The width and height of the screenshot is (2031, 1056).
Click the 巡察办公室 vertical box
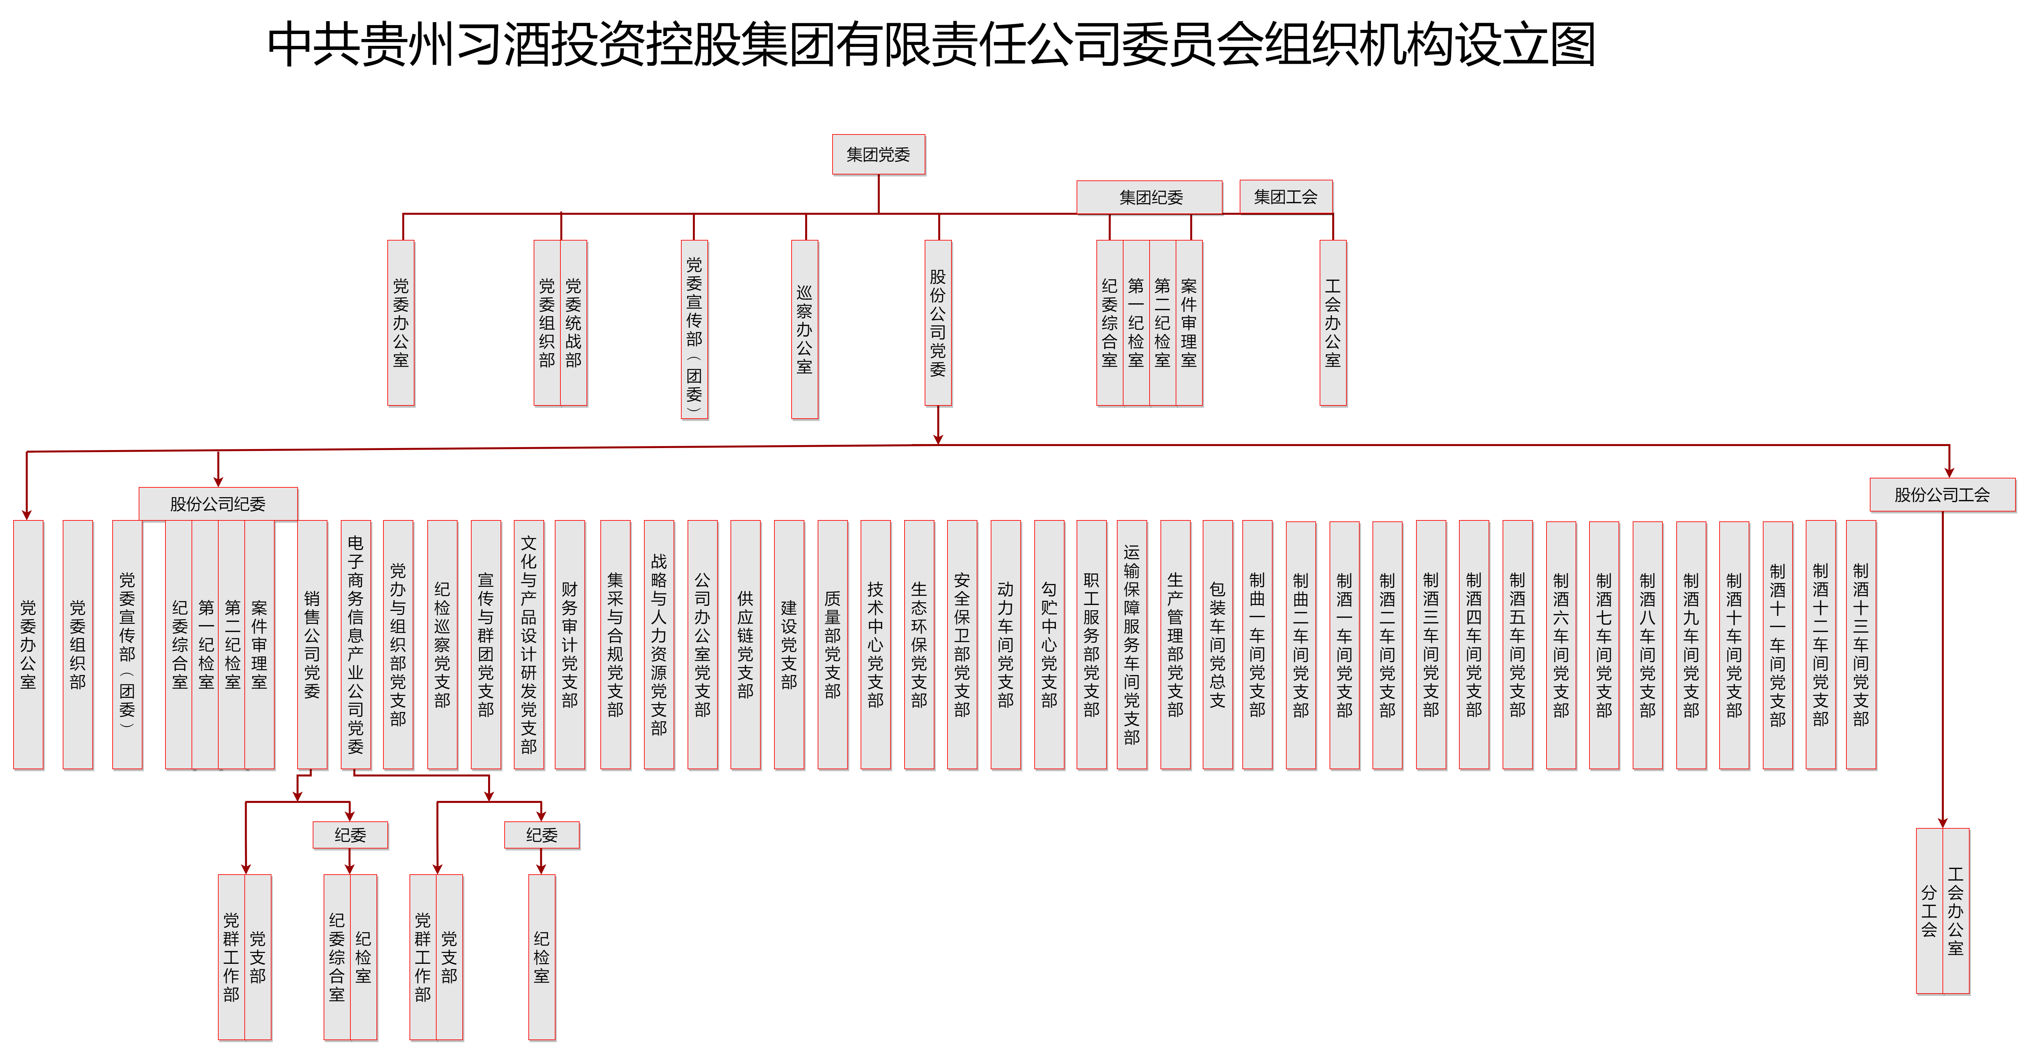point(804,329)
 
